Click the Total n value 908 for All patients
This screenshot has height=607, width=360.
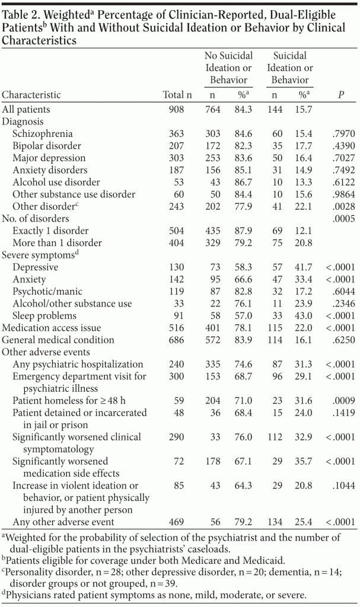click(x=176, y=110)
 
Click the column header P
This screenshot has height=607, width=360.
click(x=340, y=95)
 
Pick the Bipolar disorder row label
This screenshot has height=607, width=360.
click(x=46, y=146)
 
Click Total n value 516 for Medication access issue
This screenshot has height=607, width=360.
click(x=176, y=328)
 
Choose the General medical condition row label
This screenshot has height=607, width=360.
click(x=58, y=340)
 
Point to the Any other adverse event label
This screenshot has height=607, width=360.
click(x=63, y=522)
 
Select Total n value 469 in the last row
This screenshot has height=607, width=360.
click(x=176, y=522)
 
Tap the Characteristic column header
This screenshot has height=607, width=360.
click(x=31, y=95)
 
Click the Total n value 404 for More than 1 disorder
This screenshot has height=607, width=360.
click(x=176, y=243)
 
